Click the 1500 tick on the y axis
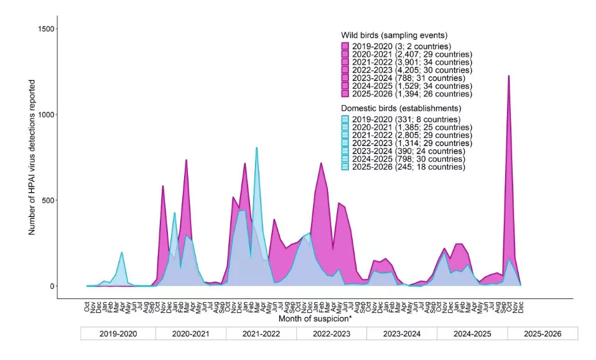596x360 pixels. click(x=46, y=29)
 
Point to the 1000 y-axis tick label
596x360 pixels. click(x=46, y=114)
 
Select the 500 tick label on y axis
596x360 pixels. click(x=49, y=201)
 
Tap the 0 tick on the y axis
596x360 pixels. click(x=52, y=287)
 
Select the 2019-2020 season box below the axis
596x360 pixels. click(x=118, y=334)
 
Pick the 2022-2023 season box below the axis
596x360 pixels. click(x=331, y=334)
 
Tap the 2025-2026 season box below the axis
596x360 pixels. click(x=542, y=334)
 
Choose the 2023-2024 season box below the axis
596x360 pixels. click(x=401, y=334)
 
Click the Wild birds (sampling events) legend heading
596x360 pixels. click(x=394, y=35)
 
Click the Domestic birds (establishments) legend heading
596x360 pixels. click(x=402, y=108)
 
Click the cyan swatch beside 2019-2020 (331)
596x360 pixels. click(x=345, y=119)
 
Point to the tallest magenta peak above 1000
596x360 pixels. click(x=508, y=76)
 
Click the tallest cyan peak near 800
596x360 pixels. click(x=256, y=148)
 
